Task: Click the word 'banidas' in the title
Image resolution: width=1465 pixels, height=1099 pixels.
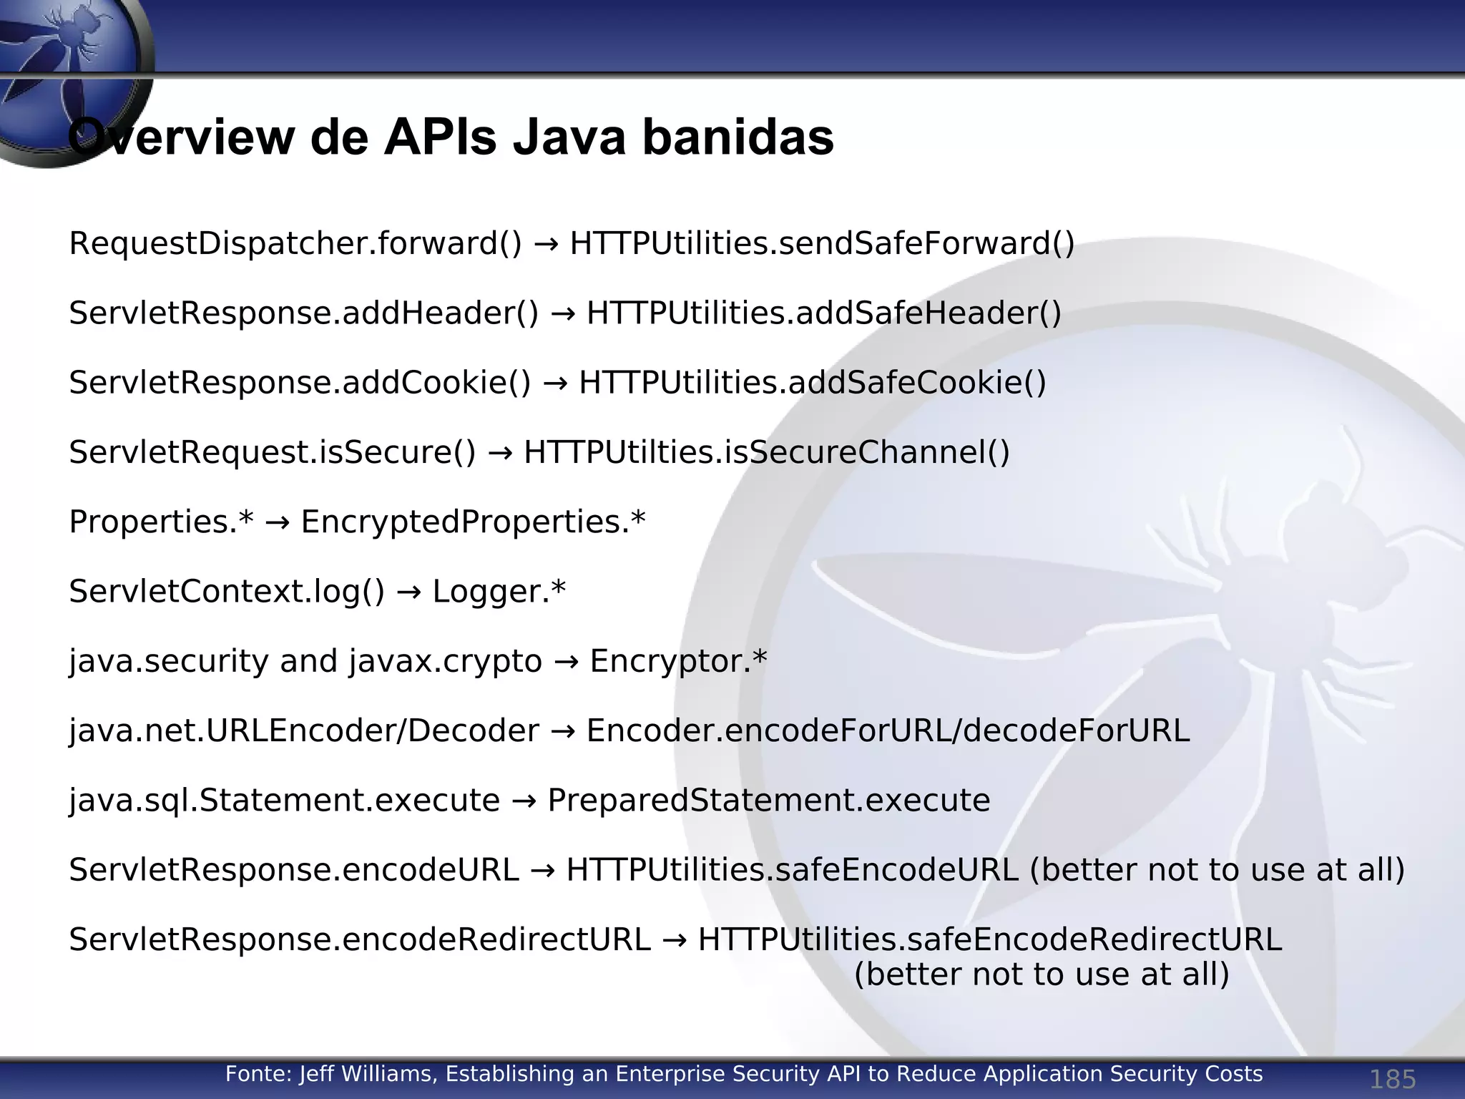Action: pos(738,137)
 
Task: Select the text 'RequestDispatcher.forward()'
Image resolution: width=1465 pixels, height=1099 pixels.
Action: pos(295,244)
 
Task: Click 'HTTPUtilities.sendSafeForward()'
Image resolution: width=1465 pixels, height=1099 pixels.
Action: pos(822,244)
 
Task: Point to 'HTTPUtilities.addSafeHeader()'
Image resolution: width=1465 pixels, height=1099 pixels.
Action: pos(823,313)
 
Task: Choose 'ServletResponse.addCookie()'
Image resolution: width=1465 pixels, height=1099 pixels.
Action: pos(300,383)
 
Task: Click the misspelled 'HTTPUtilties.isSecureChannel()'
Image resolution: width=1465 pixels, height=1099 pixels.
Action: pos(766,452)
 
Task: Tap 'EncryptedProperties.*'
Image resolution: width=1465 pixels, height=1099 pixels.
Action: pos(473,522)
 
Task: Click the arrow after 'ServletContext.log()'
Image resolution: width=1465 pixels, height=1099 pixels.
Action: pos(408,592)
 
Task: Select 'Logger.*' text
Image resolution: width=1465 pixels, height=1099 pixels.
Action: pos(499,592)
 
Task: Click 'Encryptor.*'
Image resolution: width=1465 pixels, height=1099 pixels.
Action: pos(677,661)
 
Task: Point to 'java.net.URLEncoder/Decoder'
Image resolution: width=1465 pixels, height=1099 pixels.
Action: pos(304,731)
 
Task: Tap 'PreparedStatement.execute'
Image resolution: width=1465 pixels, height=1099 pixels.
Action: pos(768,800)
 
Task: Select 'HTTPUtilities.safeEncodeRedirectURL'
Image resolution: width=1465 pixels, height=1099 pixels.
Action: pos(990,939)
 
